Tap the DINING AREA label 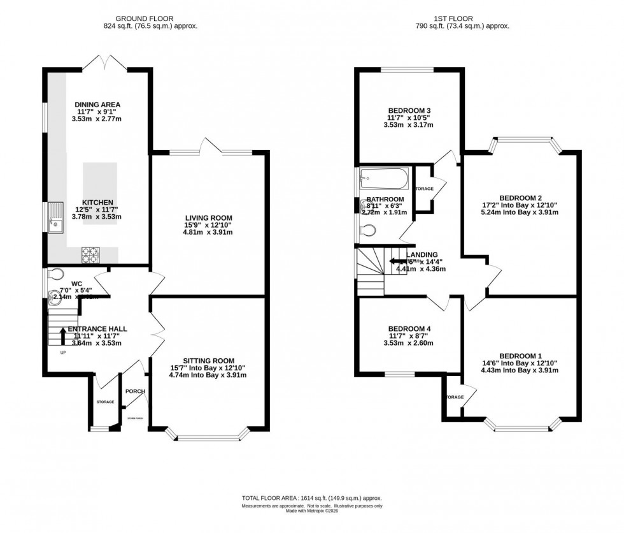pos(97,105)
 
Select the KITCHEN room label pos(97,202)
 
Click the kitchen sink pos(55,219)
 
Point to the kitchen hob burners pos(90,254)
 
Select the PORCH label pos(134,391)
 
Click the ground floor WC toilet pos(57,275)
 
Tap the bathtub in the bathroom pos(383,179)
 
